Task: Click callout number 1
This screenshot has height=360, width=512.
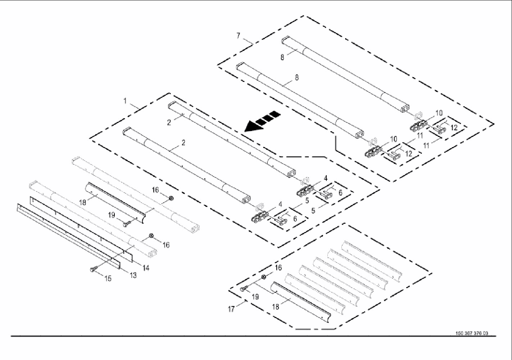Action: tap(125, 101)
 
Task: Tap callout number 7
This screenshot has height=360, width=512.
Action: tap(238, 35)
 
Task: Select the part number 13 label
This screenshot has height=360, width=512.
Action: tap(133, 275)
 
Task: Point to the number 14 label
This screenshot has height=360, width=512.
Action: tap(146, 268)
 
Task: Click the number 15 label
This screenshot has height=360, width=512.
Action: tap(108, 278)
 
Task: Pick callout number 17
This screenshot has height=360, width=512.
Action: tap(231, 309)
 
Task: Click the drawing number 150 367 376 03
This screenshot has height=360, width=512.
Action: tap(472, 333)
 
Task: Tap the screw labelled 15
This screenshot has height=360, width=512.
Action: tap(92, 269)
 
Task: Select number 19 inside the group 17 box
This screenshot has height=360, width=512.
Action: tap(255, 297)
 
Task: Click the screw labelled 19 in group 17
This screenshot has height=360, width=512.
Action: tap(244, 288)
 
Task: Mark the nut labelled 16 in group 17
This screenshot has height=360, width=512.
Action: tap(263, 276)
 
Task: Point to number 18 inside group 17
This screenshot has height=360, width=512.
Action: tap(276, 307)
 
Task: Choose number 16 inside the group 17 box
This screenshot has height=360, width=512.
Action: tap(278, 267)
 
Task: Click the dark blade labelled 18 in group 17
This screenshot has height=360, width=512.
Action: tap(302, 303)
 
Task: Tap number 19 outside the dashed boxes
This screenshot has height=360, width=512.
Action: tap(112, 215)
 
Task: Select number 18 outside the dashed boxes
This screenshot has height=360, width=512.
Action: tap(83, 202)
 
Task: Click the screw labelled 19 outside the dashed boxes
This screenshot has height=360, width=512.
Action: tap(126, 224)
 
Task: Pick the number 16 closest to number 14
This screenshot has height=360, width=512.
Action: tap(166, 245)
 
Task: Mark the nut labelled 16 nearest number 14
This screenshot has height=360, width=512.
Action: tap(152, 235)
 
